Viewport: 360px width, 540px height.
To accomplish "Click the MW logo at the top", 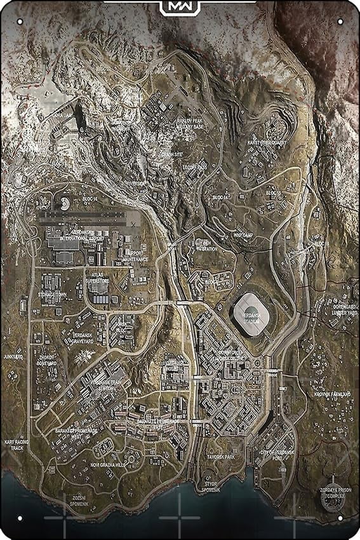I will coord(180,7).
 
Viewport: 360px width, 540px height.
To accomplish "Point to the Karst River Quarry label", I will coord(267,143).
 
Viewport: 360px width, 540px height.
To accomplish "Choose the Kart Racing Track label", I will coord(14,444).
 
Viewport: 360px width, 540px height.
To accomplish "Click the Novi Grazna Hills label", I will coord(116,464).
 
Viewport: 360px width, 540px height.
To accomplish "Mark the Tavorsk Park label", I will coord(221,457).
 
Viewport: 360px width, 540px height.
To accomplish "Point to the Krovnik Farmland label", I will coord(332,395).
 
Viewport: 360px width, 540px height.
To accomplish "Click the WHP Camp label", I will coord(243,234).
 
